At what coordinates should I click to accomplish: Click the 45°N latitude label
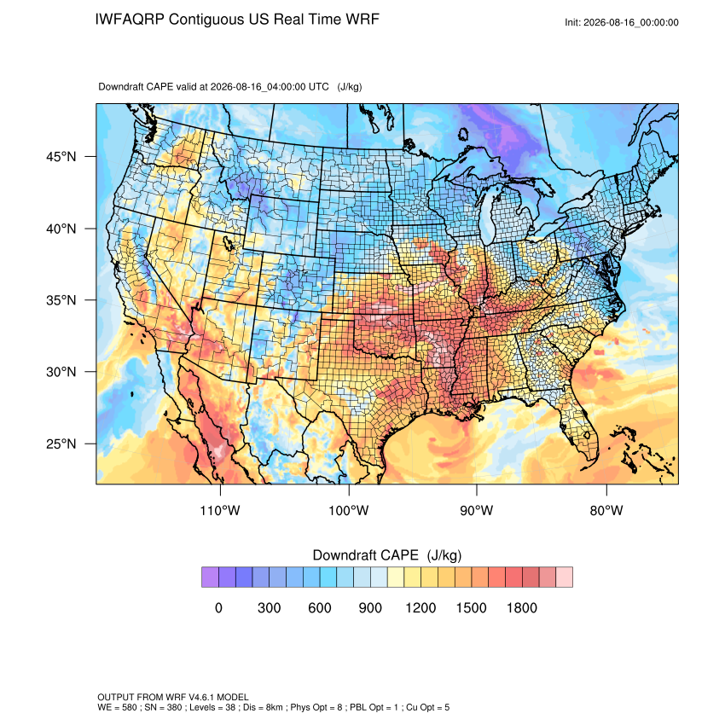(61, 157)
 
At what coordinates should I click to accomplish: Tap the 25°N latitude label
(61, 444)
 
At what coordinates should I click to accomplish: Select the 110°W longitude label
(220, 510)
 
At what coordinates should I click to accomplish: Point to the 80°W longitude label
(606, 510)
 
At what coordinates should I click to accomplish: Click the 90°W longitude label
(476, 510)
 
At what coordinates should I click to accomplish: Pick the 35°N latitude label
(61, 300)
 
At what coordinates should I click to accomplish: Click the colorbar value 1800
(521, 607)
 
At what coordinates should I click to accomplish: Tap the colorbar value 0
(218, 607)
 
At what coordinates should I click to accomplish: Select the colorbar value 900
(370, 607)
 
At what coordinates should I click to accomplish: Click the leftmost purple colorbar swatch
(210, 577)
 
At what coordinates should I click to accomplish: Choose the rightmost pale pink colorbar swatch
(564, 577)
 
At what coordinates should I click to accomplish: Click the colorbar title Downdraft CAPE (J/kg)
(387, 555)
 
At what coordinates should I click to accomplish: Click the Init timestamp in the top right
(622, 23)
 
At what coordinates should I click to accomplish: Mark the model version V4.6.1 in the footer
(201, 697)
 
